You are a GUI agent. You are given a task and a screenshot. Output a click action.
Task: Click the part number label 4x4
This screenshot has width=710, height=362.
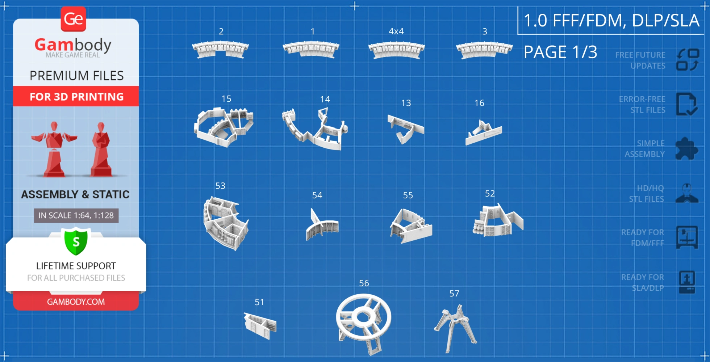396,31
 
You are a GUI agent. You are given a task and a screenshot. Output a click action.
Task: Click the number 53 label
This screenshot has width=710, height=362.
220,186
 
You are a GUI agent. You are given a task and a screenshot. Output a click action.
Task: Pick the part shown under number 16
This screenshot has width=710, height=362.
484,133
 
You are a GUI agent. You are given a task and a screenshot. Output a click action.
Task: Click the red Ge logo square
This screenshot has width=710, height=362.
73,19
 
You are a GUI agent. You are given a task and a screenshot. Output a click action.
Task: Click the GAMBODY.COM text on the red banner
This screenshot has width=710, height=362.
76,302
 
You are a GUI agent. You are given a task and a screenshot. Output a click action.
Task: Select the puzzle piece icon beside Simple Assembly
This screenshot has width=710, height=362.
686,148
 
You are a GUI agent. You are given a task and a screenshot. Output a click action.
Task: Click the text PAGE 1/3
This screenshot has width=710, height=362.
560,52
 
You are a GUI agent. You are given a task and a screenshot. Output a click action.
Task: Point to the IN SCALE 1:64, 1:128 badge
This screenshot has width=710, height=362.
76,215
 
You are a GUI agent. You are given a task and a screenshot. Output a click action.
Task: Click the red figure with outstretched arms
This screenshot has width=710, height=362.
54,149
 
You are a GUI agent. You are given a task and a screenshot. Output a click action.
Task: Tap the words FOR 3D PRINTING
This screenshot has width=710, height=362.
77,97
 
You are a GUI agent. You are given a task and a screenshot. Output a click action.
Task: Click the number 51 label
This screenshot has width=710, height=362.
259,302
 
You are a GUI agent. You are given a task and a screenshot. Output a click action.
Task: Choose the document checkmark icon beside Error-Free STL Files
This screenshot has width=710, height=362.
686,104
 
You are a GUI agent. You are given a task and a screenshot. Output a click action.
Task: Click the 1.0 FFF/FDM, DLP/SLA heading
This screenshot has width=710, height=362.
611,20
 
